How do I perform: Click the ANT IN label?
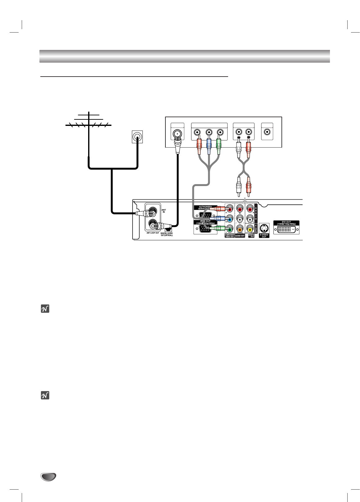[x=164, y=211]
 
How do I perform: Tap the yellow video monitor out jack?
[x=250, y=230]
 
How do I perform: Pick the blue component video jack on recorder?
[x=229, y=219]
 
